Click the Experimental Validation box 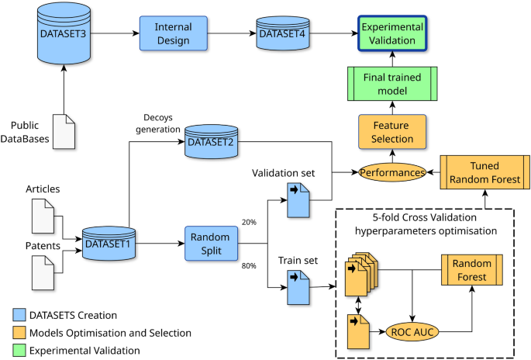coord(391,33)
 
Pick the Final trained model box coord(391,83)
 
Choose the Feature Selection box coord(391,132)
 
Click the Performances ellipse coord(391,171)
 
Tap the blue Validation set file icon coord(298,199)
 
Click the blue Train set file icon coord(298,292)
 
